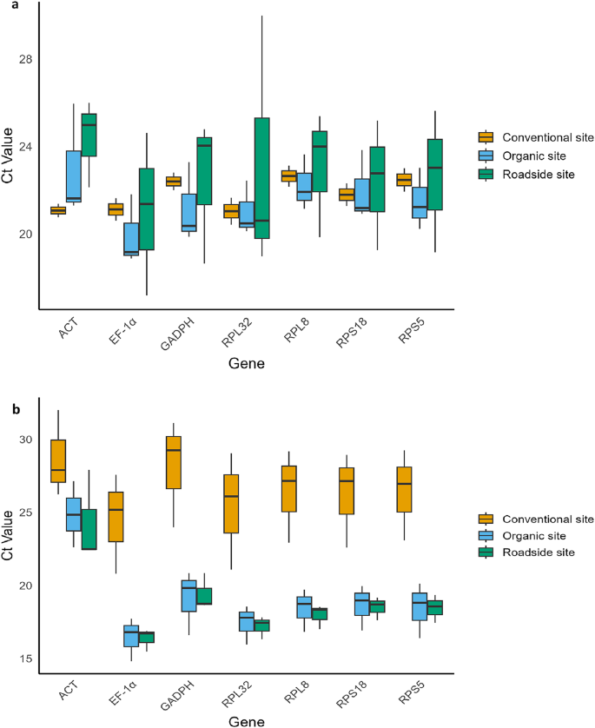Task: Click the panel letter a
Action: [x=8, y=8]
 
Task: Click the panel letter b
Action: [x=9, y=406]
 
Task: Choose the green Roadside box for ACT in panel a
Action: [x=89, y=135]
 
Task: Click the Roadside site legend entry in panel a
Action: [x=531, y=175]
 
